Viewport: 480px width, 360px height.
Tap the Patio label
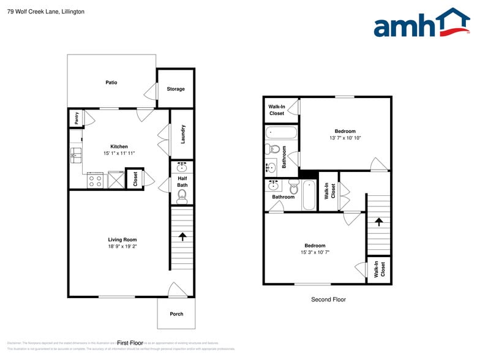(x=111, y=83)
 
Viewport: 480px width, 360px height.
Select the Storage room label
(x=176, y=89)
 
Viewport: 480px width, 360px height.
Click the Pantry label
(x=77, y=118)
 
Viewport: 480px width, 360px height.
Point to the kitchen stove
(x=96, y=180)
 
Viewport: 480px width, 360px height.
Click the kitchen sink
(x=76, y=155)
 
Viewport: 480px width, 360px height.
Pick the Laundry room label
(x=182, y=134)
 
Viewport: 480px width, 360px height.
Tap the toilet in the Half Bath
(x=182, y=196)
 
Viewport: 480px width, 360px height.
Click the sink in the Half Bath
(x=182, y=167)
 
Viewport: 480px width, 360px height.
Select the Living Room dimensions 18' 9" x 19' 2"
(x=122, y=247)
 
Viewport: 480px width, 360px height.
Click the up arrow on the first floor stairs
(x=182, y=236)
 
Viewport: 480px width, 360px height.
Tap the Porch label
(x=176, y=314)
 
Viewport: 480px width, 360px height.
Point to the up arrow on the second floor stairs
(x=378, y=223)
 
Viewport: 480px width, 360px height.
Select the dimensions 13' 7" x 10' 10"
(x=345, y=138)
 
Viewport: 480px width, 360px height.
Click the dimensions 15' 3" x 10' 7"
(x=315, y=252)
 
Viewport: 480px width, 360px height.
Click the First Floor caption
(x=130, y=343)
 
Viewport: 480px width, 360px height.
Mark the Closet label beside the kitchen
(x=135, y=178)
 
